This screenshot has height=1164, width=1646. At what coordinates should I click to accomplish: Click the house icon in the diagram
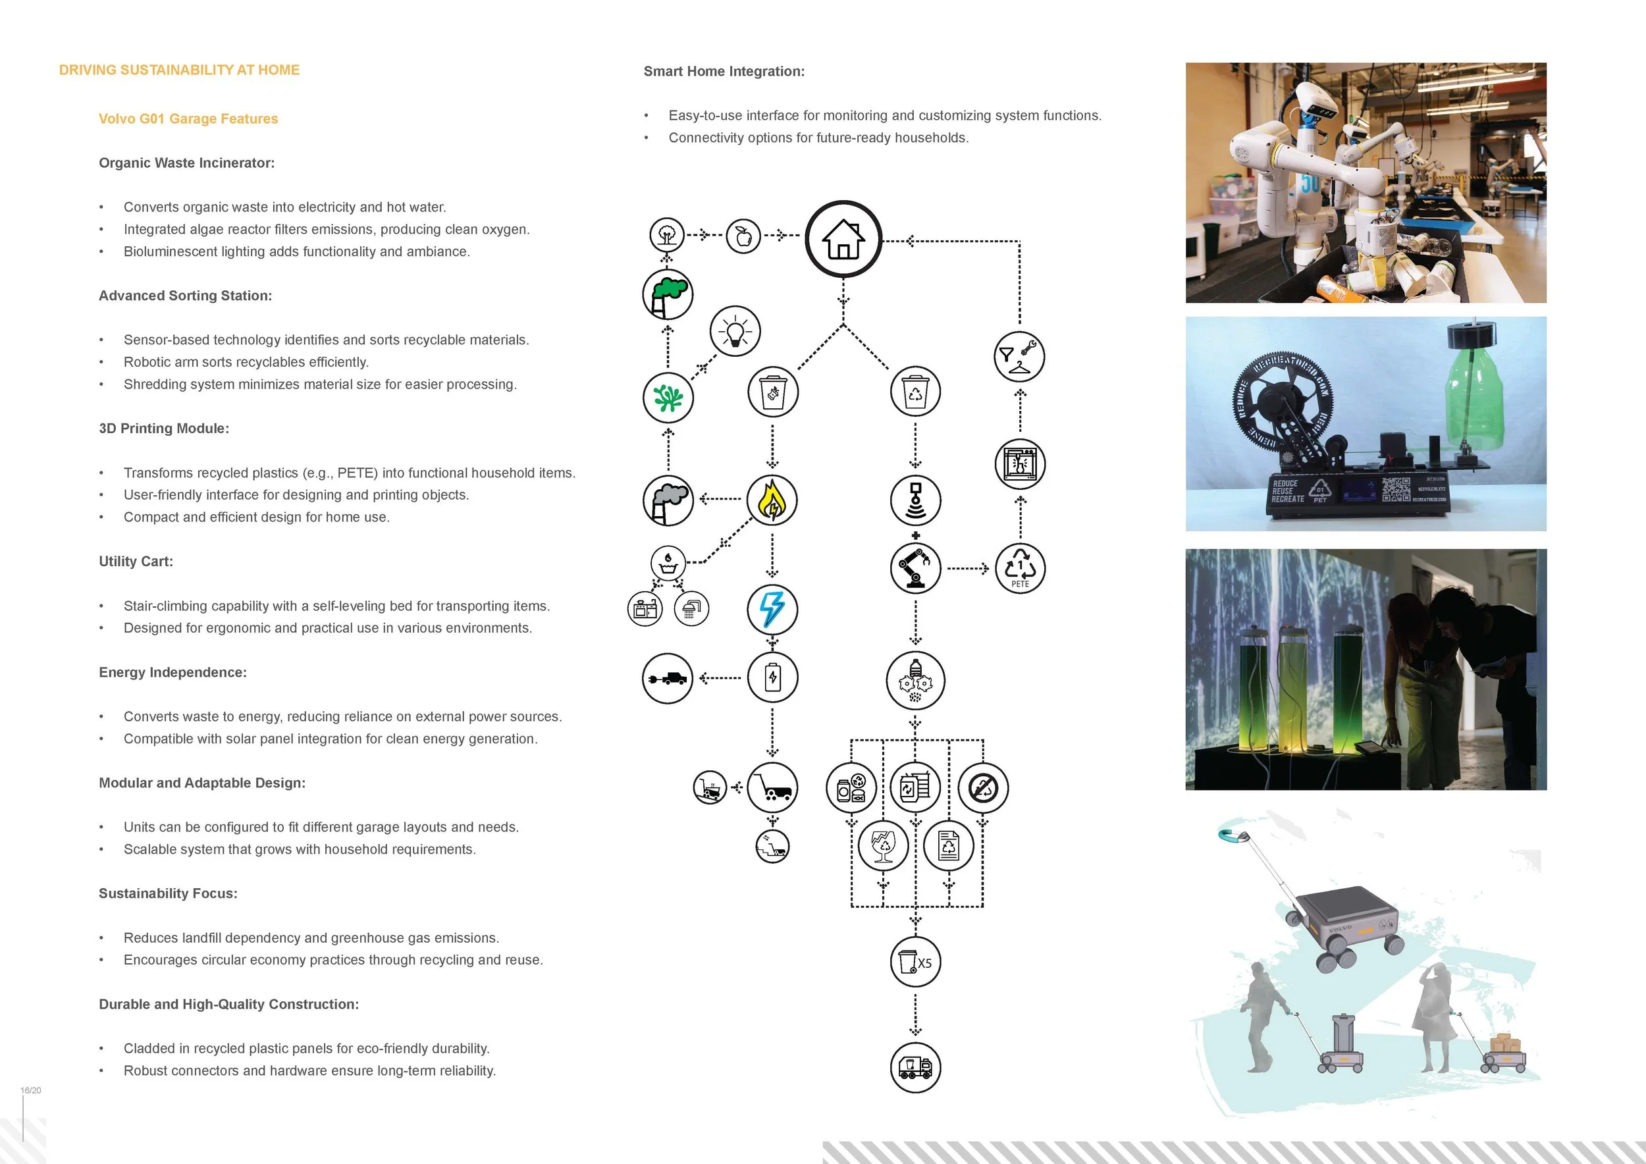[x=843, y=239]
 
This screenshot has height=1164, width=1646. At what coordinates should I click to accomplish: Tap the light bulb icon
[x=735, y=331]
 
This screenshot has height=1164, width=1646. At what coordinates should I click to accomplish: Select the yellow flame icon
[x=772, y=500]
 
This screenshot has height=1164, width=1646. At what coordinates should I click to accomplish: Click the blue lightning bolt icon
[x=772, y=609]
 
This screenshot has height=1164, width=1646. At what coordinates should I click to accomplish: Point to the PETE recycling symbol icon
[x=1020, y=568]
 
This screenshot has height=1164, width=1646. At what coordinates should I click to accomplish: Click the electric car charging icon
[x=668, y=678]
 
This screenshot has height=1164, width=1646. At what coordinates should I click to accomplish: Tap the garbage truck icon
[x=915, y=1067]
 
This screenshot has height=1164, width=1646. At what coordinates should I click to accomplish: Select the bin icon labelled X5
[x=915, y=962]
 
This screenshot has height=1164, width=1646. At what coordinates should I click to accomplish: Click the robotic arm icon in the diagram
[x=915, y=568]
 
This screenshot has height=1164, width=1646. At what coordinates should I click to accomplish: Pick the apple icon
[x=743, y=236]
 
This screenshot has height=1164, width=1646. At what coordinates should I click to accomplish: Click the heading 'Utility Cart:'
[x=136, y=561]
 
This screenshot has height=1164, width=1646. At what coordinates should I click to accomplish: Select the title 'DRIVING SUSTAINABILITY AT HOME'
[x=179, y=70]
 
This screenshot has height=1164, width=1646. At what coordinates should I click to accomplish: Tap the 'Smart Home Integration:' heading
[x=724, y=72]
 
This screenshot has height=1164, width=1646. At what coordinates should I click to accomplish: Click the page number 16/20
[x=31, y=1090]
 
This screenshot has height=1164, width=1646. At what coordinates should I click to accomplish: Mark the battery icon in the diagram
[x=772, y=677]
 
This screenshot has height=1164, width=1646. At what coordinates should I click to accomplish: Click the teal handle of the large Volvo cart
[x=1232, y=834]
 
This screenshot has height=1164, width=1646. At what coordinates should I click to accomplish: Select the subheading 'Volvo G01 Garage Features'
[x=188, y=119]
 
